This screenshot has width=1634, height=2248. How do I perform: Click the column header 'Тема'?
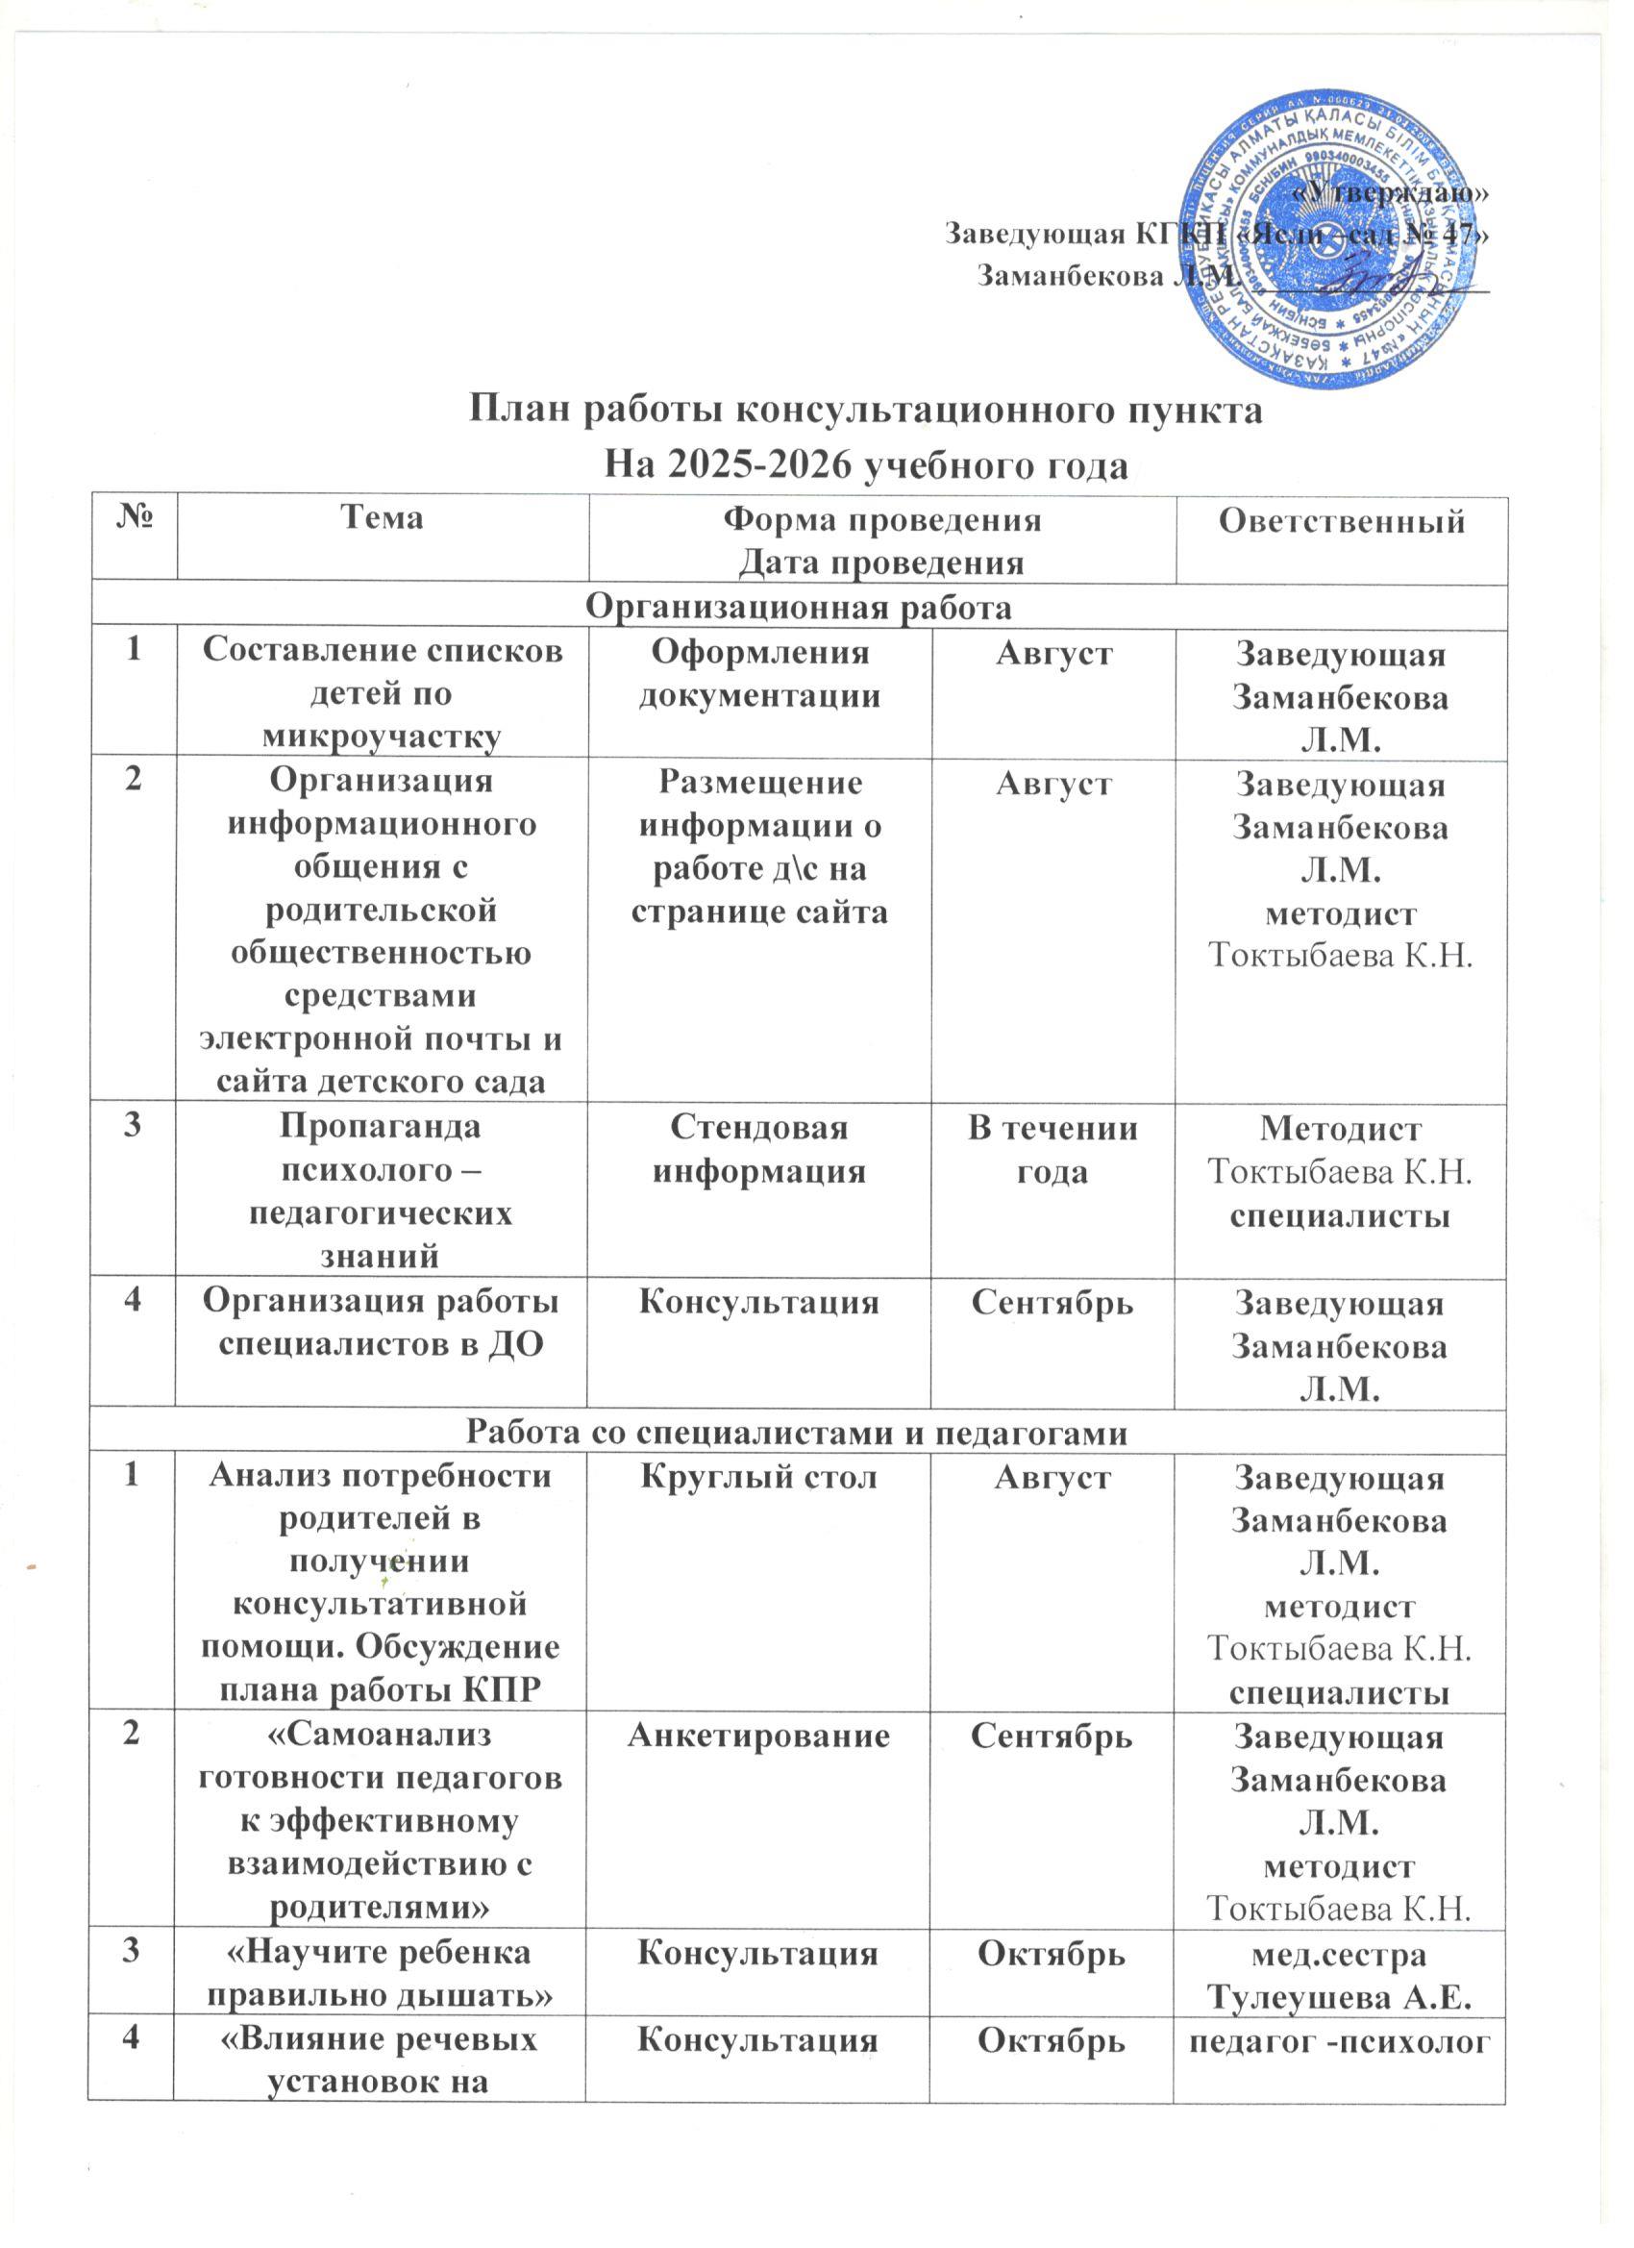[x=381, y=517]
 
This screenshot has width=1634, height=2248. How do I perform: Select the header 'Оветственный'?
[x=1341, y=520]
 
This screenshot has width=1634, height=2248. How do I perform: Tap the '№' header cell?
[x=132, y=519]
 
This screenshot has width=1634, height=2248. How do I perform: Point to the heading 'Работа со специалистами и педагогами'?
[x=798, y=1432]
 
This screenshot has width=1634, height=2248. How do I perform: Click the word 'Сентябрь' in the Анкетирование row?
[x=1052, y=1736]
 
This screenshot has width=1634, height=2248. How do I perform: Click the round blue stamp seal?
[x=1336, y=243]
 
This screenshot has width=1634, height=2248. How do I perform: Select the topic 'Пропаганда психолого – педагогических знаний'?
[x=382, y=1192]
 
